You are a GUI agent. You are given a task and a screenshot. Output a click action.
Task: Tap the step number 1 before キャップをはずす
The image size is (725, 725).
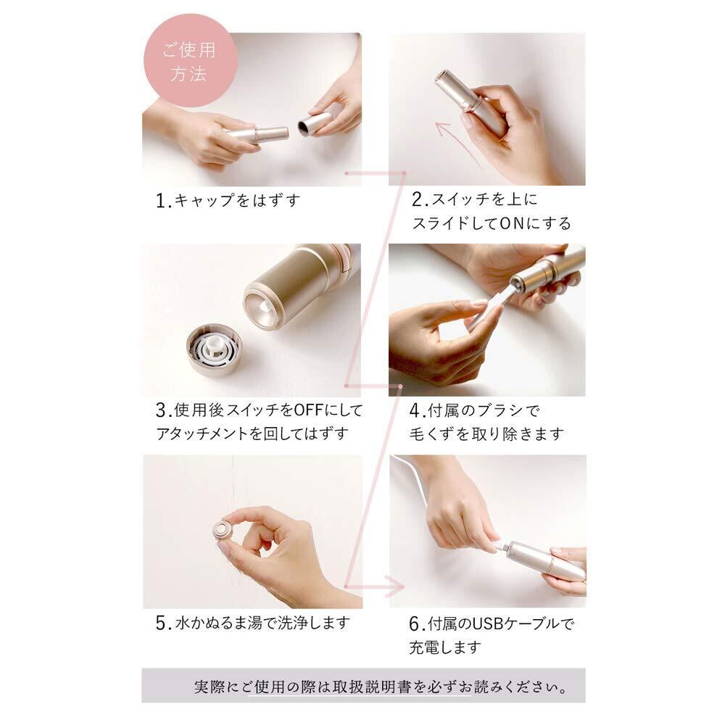pos(160,201)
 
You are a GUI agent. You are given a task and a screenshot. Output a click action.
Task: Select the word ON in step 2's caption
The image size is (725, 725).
pos(511,224)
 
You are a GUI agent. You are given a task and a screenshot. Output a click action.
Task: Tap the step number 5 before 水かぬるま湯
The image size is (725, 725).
pos(161,623)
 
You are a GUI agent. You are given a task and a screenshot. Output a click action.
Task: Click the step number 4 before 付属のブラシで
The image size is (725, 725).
pos(414,410)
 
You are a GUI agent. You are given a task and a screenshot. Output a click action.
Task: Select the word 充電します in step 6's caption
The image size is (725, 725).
pos(445,647)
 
